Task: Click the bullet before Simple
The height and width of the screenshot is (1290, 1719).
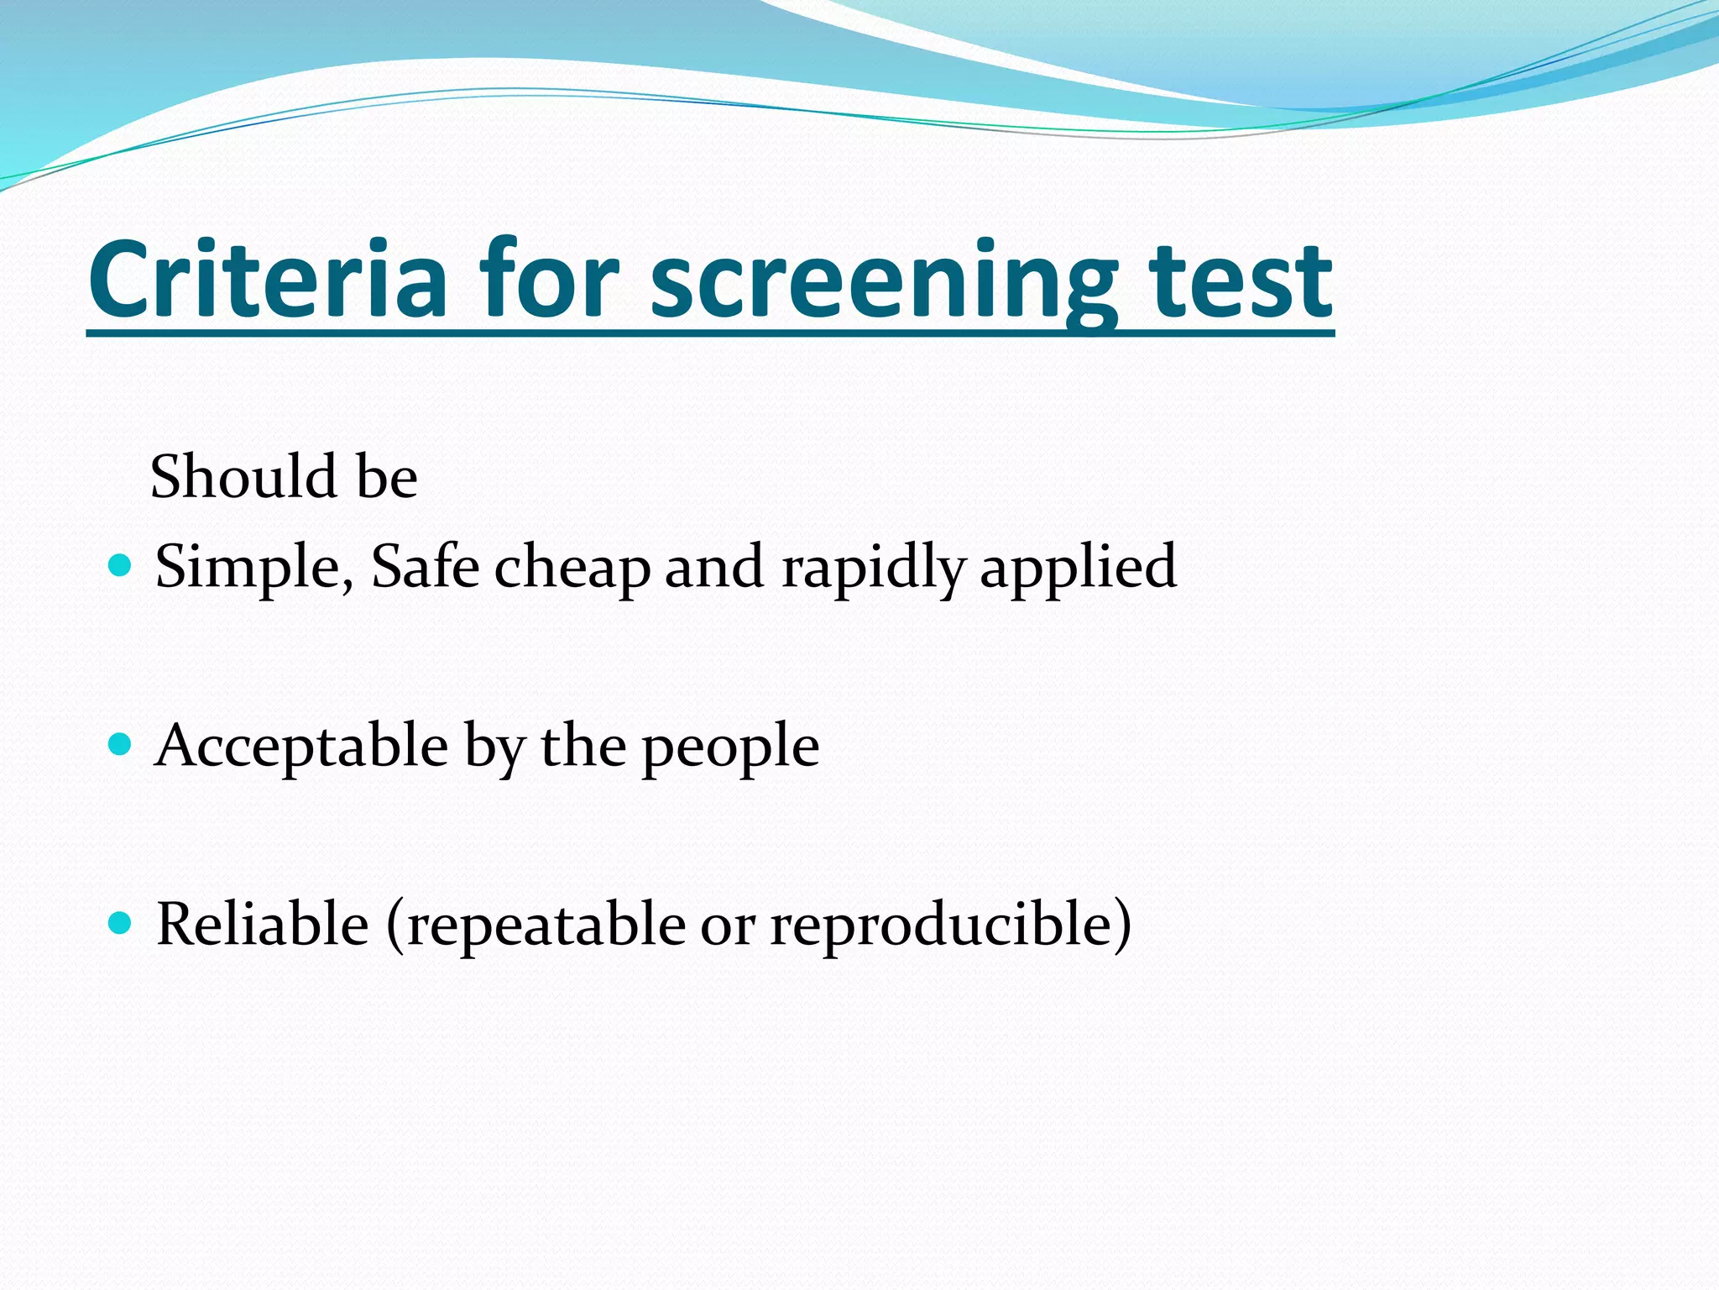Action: coord(121,564)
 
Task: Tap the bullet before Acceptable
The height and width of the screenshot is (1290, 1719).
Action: coord(121,744)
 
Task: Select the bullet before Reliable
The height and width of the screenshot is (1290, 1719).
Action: coord(121,923)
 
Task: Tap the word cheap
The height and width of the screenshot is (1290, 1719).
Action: coord(572,568)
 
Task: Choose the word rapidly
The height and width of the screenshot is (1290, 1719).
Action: coord(873,568)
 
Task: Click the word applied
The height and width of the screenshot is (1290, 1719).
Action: coord(1078,568)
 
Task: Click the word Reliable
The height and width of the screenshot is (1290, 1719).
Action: coord(263,924)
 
